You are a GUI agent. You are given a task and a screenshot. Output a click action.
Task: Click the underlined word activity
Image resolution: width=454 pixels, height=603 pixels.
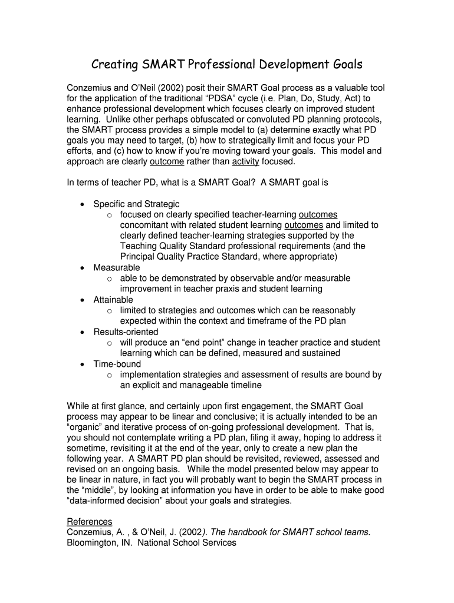246,161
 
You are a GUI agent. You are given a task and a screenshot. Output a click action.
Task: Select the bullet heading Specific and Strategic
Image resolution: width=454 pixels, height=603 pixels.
136,204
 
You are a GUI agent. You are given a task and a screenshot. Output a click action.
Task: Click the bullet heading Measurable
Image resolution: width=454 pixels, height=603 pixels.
117,267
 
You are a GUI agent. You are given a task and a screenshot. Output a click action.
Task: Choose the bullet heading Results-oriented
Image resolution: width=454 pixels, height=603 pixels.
126,332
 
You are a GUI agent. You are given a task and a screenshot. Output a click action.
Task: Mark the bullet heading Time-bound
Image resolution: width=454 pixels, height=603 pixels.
117,364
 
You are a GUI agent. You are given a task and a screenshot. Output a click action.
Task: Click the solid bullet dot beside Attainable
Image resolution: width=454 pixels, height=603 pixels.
83,300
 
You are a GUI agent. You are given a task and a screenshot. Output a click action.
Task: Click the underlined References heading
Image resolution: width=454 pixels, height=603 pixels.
89,522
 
